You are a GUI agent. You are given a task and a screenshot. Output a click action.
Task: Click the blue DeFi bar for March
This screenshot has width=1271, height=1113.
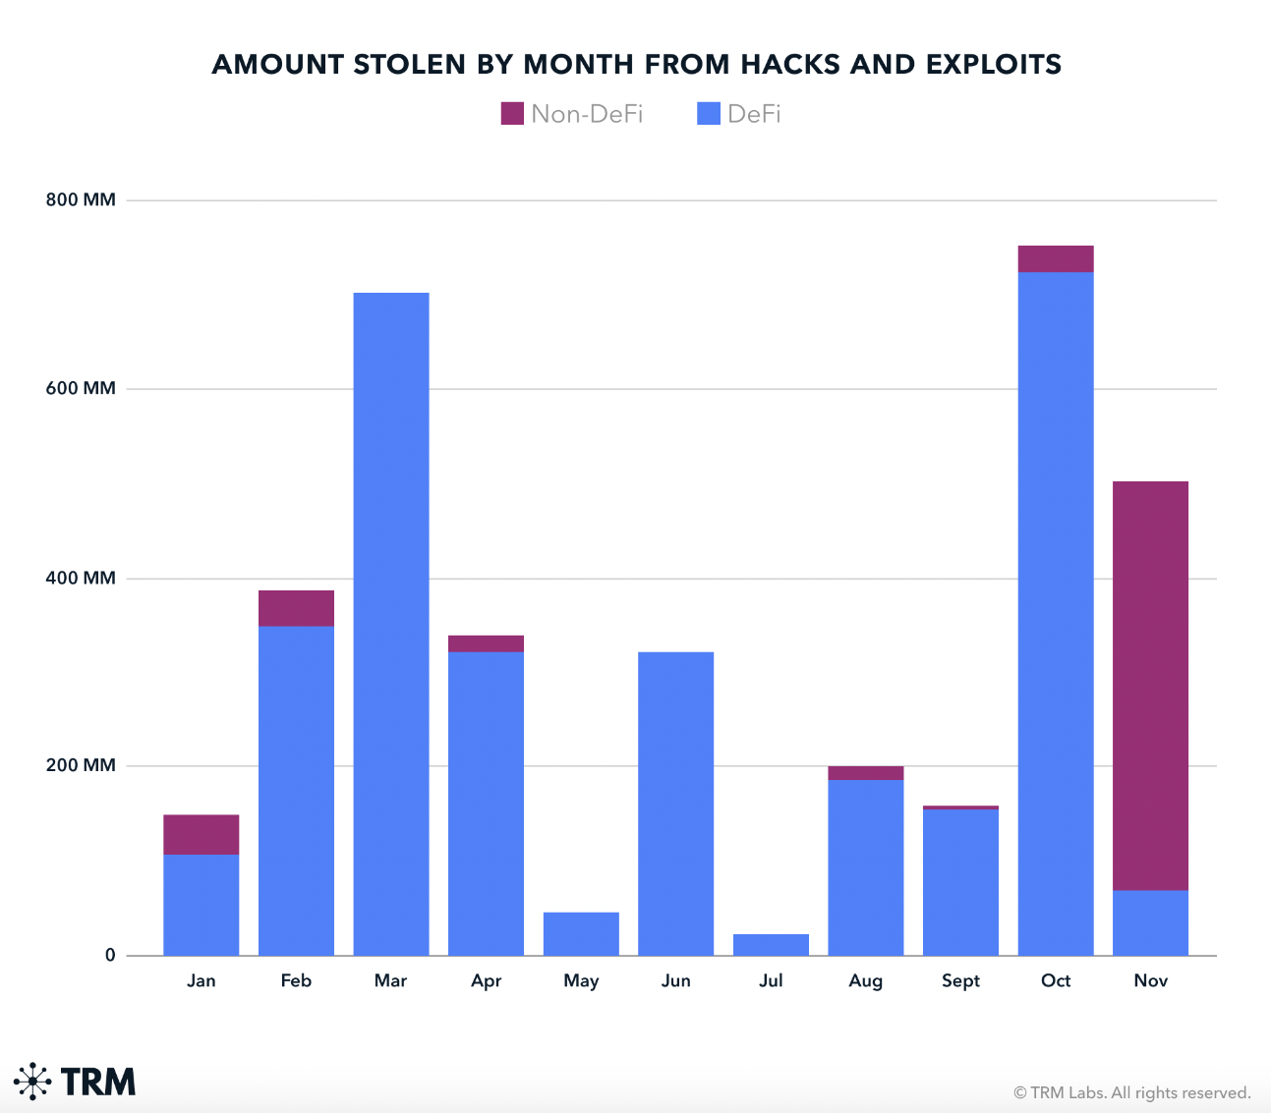[391, 624]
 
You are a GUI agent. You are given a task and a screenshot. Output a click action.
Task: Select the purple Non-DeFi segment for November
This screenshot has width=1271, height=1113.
[1150, 686]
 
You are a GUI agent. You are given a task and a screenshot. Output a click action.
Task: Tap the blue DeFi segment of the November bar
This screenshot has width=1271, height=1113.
[1150, 922]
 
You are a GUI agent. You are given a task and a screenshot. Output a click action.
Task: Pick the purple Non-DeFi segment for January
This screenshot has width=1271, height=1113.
[201, 834]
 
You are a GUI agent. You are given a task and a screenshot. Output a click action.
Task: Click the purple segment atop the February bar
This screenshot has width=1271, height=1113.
[296, 608]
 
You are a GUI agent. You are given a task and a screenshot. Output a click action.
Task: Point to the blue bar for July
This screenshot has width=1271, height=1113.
[771, 945]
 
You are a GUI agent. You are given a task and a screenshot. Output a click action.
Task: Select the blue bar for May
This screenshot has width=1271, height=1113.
[581, 933]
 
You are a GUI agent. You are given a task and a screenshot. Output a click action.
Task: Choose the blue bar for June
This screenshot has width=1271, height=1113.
[675, 804]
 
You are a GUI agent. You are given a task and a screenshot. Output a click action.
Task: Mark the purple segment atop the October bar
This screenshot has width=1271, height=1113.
[1056, 258]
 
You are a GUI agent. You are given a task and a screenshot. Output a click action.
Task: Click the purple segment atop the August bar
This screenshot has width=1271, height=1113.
[865, 773]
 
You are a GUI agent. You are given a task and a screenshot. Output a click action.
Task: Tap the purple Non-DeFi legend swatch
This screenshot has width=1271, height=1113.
[512, 114]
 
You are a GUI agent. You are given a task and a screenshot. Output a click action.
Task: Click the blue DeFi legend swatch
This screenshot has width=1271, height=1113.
[708, 114]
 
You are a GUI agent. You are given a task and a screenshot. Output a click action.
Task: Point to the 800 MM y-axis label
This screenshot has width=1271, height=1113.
[81, 200]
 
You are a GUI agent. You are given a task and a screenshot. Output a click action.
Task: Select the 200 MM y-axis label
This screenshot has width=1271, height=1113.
[81, 765]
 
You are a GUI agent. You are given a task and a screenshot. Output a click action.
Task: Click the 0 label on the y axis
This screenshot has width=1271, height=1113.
[110, 955]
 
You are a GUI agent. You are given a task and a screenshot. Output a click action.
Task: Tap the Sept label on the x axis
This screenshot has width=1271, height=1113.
[960, 980]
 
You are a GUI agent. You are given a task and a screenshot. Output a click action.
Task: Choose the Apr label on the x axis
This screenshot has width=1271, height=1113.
[486, 980]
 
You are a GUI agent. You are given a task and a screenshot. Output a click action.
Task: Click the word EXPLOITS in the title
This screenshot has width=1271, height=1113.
[994, 65]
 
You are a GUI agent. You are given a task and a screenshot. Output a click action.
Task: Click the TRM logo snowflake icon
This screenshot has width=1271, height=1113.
[33, 1081]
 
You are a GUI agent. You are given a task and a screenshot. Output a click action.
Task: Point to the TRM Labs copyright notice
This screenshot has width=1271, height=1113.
[1131, 1092]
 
